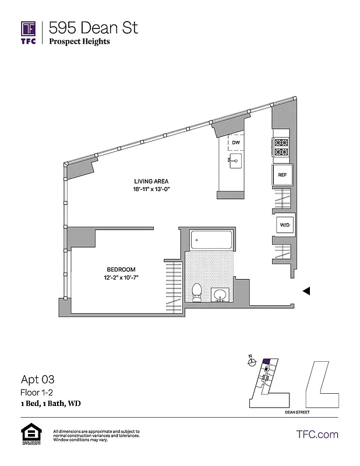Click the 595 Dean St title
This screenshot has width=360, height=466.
pos(93,27)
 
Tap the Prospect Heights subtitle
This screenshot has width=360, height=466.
pos(79,41)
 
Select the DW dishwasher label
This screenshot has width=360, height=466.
pos(236,143)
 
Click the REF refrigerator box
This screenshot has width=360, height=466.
pos(282,175)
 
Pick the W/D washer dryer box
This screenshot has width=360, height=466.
pos(285,224)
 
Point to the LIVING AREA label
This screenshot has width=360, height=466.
pos(151,181)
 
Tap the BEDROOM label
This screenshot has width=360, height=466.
pos(121,269)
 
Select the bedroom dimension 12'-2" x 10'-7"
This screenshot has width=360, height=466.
pos(121,277)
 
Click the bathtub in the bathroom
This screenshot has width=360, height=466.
pos(212,239)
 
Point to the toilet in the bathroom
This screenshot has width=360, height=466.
pos(197,292)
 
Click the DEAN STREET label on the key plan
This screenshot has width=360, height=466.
pos(297,412)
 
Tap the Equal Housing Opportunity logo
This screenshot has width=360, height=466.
pos(29,435)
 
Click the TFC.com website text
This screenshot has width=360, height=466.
pos(317,434)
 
